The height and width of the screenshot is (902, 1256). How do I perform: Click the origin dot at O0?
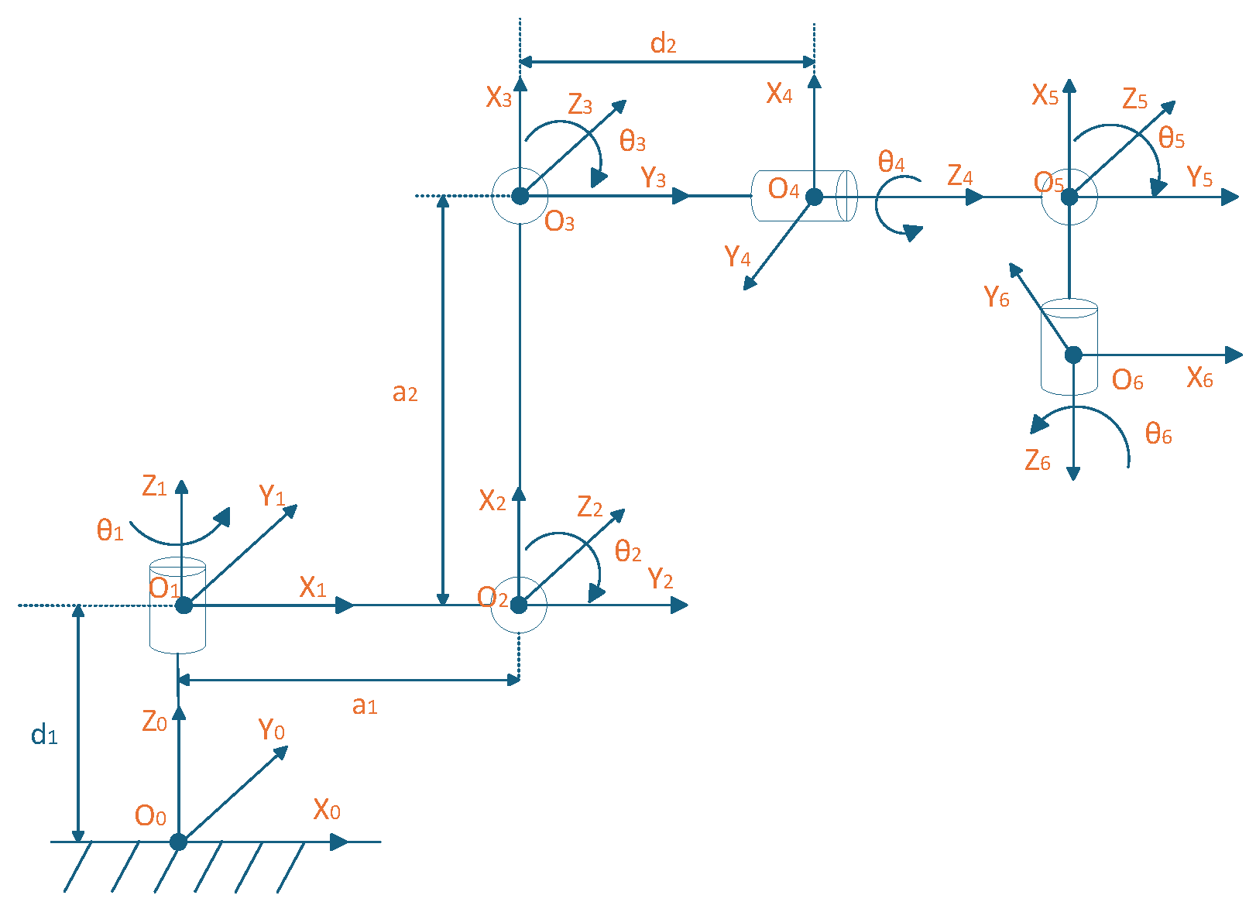pyautogui.click(x=178, y=842)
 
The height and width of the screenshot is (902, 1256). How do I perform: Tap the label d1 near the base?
pyautogui.click(x=44, y=735)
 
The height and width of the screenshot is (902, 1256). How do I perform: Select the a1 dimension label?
pyautogui.click(x=364, y=705)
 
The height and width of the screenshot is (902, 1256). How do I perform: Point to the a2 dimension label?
pyautogui.click(x=405, y=393)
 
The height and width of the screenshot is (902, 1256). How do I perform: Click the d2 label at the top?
pyautogui.click(x=664, y=43)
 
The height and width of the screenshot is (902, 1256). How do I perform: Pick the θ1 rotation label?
pyautogui.click(x=110, y=531)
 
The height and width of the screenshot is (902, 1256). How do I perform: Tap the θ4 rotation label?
pyautogui.click(x=891, y=163)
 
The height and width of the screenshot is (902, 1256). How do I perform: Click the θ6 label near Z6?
pyautogui.click(x=1158, y=434)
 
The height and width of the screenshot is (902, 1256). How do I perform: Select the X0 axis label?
pyautogui.click(x=327, y=810)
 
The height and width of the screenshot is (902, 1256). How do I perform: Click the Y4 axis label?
pyautogui.click(x=737, y=256)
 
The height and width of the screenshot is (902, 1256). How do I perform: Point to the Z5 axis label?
pyautogui.click(x=1135, y=99)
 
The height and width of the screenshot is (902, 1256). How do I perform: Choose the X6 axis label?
pyautogui.click(x=1200, y=378)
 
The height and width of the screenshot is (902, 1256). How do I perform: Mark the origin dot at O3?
pyautogui.click(x=520, y=196)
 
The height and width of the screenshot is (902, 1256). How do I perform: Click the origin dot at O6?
pyautogui.click(x=1073, y=355)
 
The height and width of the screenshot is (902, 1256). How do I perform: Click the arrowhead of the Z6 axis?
pyautogui.click(x=1073, y=473)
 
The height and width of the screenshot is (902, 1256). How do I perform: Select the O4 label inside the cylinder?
pyautogui.click(x=783, y=189)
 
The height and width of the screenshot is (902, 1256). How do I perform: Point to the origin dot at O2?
pyautogui.click(x=519, y=605)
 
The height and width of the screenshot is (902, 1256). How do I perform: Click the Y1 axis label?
pyautogui.click(x=272, y=496)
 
